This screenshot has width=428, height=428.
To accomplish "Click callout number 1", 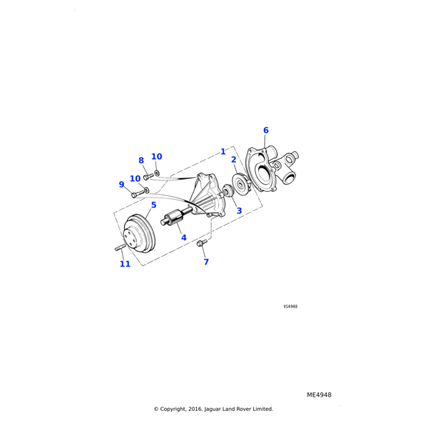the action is pyautogui.click(x=223, y=151).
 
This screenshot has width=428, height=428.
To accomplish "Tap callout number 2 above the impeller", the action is pyautogui.click(x=234, y=160).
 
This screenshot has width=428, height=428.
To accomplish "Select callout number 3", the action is pyautogui.click(x=239, y=210).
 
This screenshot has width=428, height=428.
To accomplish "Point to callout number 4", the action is pyautogui.click(x=184, y=238).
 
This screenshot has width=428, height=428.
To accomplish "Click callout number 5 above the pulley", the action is pyautogui.click(x=153, y=205).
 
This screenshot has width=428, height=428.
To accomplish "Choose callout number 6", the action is pyautogui.click(x=266, y=131).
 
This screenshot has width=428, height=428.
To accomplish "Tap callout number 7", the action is pyautogui.click(x=206, y=262).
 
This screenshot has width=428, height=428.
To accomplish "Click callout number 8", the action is pyautogui.click(x=141, y=160).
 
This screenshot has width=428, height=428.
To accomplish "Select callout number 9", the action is pyautogui.click(x=121, y=184).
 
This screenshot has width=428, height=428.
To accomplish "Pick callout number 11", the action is pyautogui.click(x=125, y=264).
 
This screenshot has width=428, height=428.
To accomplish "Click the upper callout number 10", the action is pyautogui.click(x=157, y=156).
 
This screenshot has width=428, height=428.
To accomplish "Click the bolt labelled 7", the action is pyautogui.click(x=201, y=243).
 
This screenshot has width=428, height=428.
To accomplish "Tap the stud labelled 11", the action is pyautogui.click(x=119, y=248).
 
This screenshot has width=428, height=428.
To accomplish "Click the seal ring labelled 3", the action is pyautogui.click(x=228, y=190).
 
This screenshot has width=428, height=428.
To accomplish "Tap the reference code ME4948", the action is pyautogui.click(x=319, y=395).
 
